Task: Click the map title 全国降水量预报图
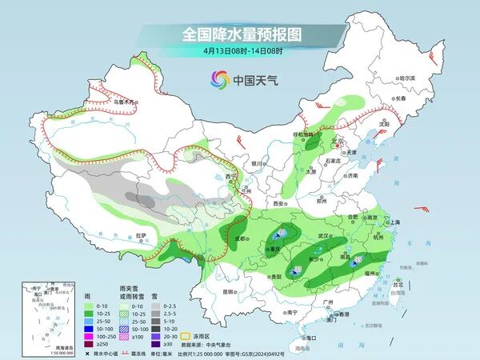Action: click(x=240, y=34)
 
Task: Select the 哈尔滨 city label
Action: click(x=408, y=78)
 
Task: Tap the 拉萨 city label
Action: click(x=141, y=235)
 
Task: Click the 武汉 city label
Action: click(x=323, y=236)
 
